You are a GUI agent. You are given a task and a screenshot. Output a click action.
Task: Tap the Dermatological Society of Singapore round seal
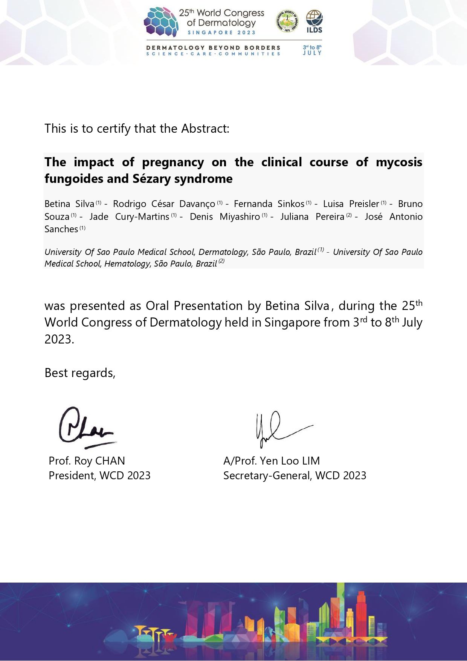(x=287, y=21)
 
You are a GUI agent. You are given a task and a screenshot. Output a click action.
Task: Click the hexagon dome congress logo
(x=161, y=22)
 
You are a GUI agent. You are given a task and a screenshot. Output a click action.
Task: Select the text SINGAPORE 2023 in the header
(x=221, y=33)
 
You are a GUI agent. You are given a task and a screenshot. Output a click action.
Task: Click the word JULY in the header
(x=312, y=53)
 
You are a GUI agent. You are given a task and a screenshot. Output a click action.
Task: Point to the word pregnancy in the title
(x=173, y=162)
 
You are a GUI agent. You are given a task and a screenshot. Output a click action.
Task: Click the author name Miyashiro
(x=240, y=217)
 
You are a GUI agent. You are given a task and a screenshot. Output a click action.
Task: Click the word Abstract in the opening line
(x=205, y=129)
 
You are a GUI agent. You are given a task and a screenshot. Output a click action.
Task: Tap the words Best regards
(x=79, y=373)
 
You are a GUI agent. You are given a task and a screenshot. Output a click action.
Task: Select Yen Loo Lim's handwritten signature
(x=281, y=429)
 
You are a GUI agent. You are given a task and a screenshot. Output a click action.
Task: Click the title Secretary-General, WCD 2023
(x=295, y=475)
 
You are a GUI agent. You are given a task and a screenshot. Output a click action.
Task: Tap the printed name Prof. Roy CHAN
(x=87, y=461)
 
